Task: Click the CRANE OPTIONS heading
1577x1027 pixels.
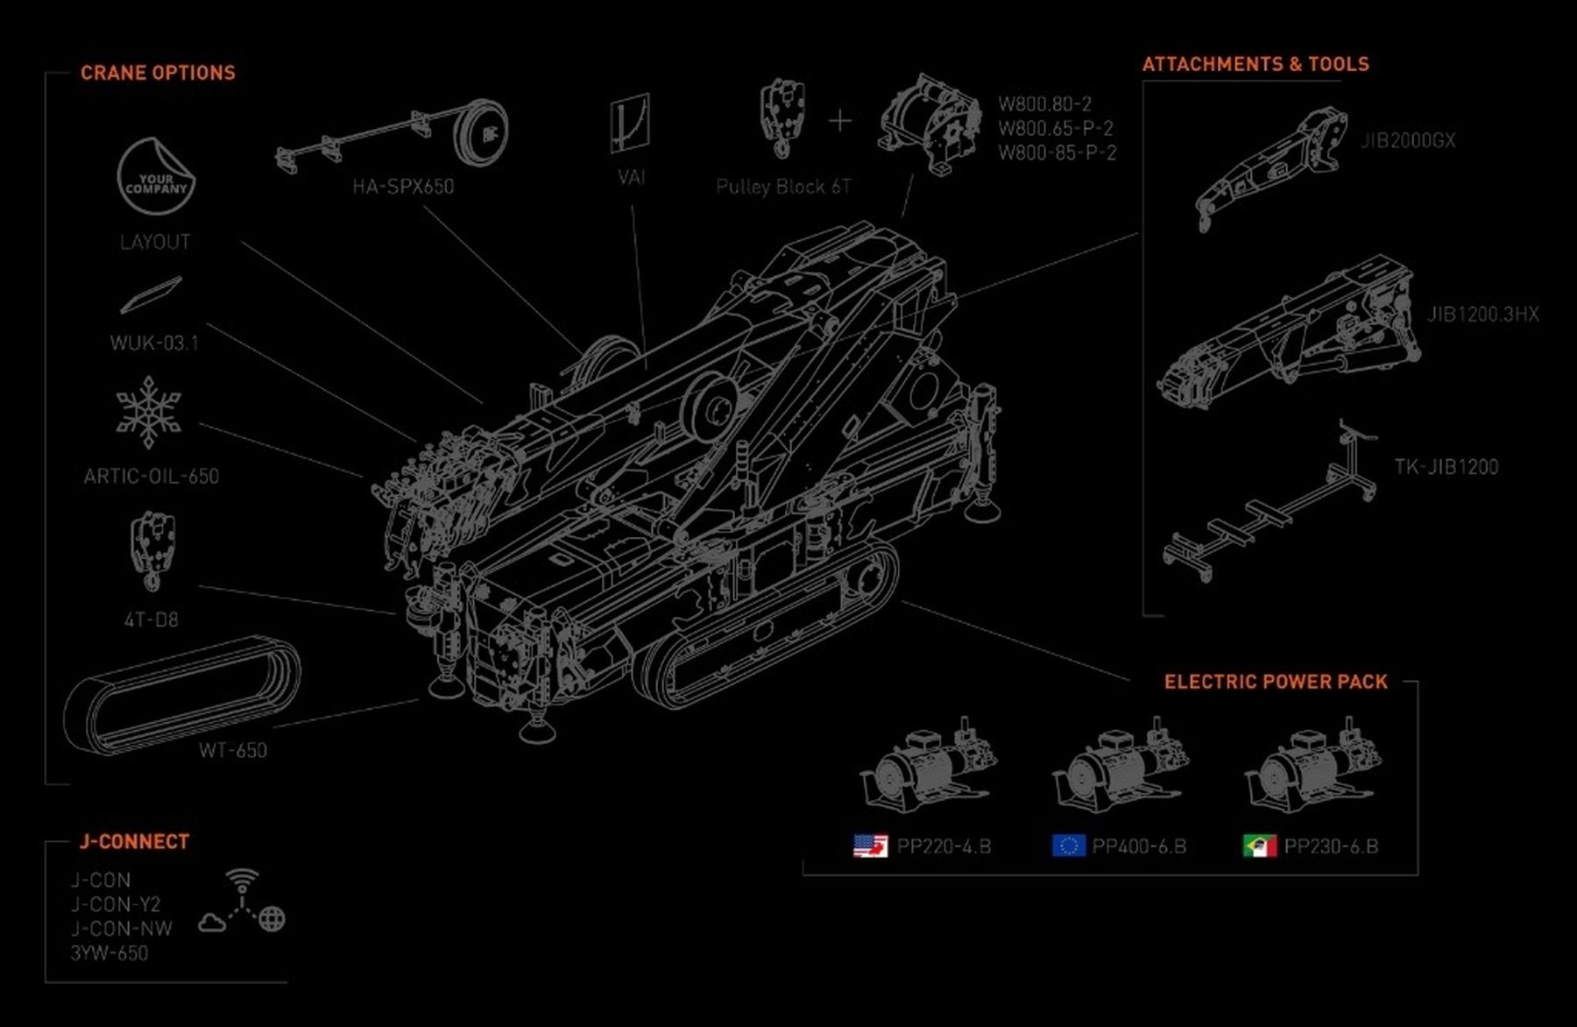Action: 158,73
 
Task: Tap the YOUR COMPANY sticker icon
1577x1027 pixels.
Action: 155,176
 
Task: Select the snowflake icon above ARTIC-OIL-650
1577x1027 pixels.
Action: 149,412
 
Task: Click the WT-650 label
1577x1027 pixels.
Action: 232,750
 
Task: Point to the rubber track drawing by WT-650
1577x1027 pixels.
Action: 182,694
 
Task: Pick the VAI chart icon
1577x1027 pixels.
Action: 630,123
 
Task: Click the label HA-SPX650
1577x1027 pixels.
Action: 403,187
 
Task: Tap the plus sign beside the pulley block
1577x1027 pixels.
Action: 839,120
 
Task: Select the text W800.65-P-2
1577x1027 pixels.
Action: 1056,128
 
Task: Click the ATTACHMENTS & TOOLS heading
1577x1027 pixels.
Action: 1255,64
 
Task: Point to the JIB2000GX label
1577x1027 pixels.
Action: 1407,140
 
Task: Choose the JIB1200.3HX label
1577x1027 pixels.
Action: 1482,314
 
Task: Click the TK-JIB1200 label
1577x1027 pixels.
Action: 1446,467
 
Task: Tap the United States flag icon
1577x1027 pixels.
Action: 870,846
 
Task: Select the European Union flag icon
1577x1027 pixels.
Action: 1068,846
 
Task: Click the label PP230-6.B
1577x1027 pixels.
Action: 1331,846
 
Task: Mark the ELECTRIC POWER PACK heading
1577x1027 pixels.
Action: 1276,682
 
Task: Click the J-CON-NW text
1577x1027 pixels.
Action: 122,929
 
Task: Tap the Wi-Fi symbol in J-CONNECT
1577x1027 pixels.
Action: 242,879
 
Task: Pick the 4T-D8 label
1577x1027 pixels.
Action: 151,620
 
